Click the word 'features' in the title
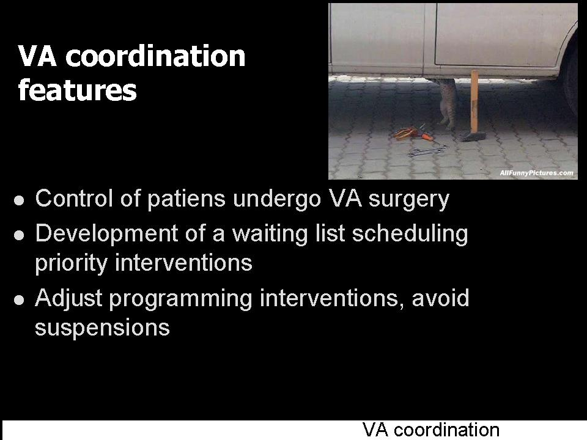pos(78,90)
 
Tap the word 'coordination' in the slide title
pos(155,56)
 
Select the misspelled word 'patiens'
pos(186,199)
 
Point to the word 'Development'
pos(106,235)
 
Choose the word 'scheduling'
pos(410,235)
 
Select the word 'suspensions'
pos(102,328)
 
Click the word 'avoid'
pos(440,298)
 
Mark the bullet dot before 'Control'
pos(19,200)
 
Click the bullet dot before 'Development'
pos(19,235)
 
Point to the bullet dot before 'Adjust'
pos(19,300)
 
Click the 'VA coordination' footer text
pos(431,430)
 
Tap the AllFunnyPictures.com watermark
pos(536,173)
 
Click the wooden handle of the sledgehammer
pos(474,101)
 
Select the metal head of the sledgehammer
pos(473,136)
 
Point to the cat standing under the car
pos(446,102)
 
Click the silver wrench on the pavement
pos(427,151)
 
